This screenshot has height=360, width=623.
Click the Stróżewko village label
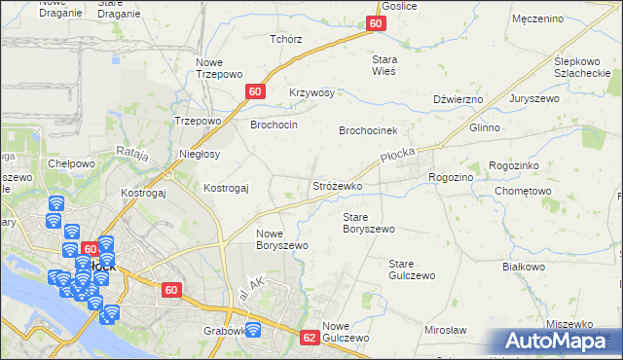[x=338, y=185]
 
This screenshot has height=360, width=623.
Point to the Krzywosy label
[x=311, y=92]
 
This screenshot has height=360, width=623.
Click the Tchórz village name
[x=286, y=39]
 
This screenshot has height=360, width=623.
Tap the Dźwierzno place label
[x=458, y=99]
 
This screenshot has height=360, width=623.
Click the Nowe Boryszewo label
[x=282, y=239]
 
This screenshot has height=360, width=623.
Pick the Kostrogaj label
[x=226, y=187]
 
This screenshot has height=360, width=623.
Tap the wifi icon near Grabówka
[x=253, y=329]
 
